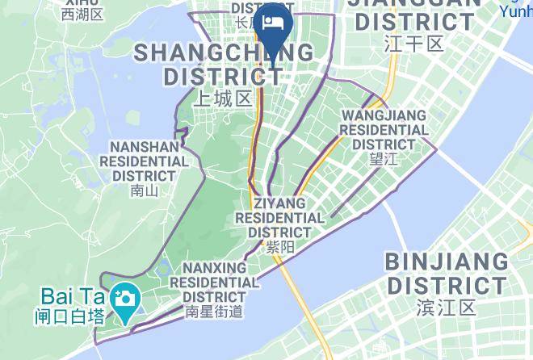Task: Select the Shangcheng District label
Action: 224,65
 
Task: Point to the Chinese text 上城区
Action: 224,98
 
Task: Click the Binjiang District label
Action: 447,274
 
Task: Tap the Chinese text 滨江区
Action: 447,307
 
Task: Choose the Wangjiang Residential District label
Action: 384,130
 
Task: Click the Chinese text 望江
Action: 384,159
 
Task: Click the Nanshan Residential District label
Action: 144,161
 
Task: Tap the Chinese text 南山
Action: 143,191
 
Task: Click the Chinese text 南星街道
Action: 214,311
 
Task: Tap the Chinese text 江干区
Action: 414,43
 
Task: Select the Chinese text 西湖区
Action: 82,15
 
